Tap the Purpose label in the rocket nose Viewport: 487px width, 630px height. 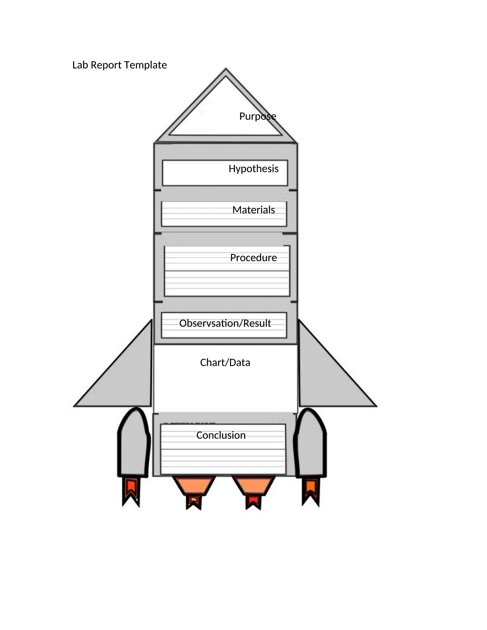point(258,117)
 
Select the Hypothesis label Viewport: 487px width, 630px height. point(254,169)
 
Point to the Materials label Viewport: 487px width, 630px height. point(254,210)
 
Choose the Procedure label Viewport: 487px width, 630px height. point(254,258)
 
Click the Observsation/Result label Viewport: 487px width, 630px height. point(225,323)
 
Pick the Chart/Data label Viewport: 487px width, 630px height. point(225,363)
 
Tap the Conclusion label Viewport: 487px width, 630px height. point(221,435)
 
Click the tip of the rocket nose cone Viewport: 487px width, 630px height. point(226,68)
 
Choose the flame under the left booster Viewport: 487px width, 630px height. point(131,492)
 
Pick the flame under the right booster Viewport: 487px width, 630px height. point(311,492)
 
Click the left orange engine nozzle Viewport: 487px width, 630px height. point(194,486)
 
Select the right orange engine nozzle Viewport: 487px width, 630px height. point(254,486)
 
